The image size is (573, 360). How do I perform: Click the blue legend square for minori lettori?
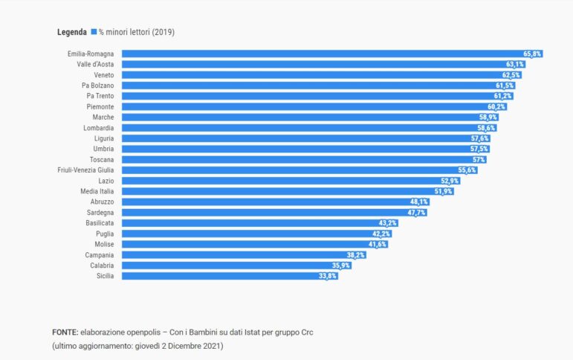coord(94,32)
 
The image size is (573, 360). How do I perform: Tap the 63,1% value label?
coord(515,64)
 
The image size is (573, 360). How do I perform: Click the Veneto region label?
coord(104,75)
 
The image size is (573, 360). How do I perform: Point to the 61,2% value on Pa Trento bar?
coord(503,96)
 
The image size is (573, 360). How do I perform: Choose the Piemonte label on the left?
coord(100,107)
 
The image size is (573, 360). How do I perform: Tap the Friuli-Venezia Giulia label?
coord(85,170)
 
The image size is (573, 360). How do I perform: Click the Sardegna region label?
coord(100,213)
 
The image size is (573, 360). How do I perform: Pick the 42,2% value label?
coord(381,234)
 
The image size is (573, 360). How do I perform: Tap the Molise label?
coord(103,244)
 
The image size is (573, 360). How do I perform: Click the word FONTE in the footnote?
coord(65,332)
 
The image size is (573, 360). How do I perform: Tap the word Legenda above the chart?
coord(71,32)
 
